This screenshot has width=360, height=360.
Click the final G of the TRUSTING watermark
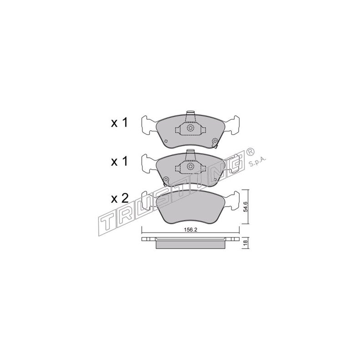coord(235,163)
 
